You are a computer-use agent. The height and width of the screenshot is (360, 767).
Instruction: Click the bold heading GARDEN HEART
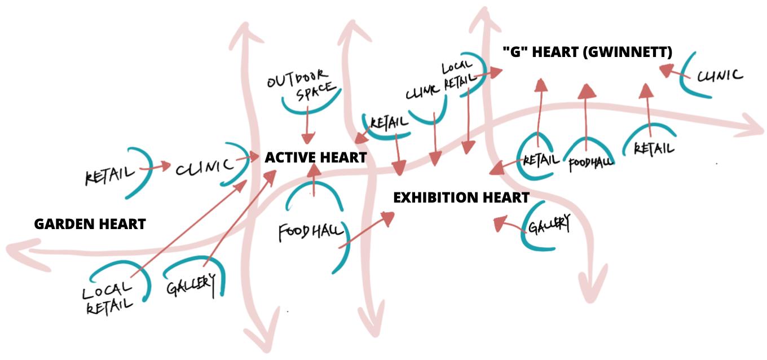coord(90,224)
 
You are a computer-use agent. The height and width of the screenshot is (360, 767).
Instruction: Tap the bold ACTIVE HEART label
coord(316,157)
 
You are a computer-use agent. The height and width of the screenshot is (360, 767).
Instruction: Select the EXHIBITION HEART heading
coord(461,197)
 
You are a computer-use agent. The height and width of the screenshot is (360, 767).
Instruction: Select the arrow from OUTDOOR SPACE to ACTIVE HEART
coord(307,126)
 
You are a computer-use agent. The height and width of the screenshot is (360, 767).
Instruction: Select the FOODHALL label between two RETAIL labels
coord(590,163)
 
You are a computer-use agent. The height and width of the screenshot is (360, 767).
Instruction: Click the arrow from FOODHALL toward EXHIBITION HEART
coord(366,231)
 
